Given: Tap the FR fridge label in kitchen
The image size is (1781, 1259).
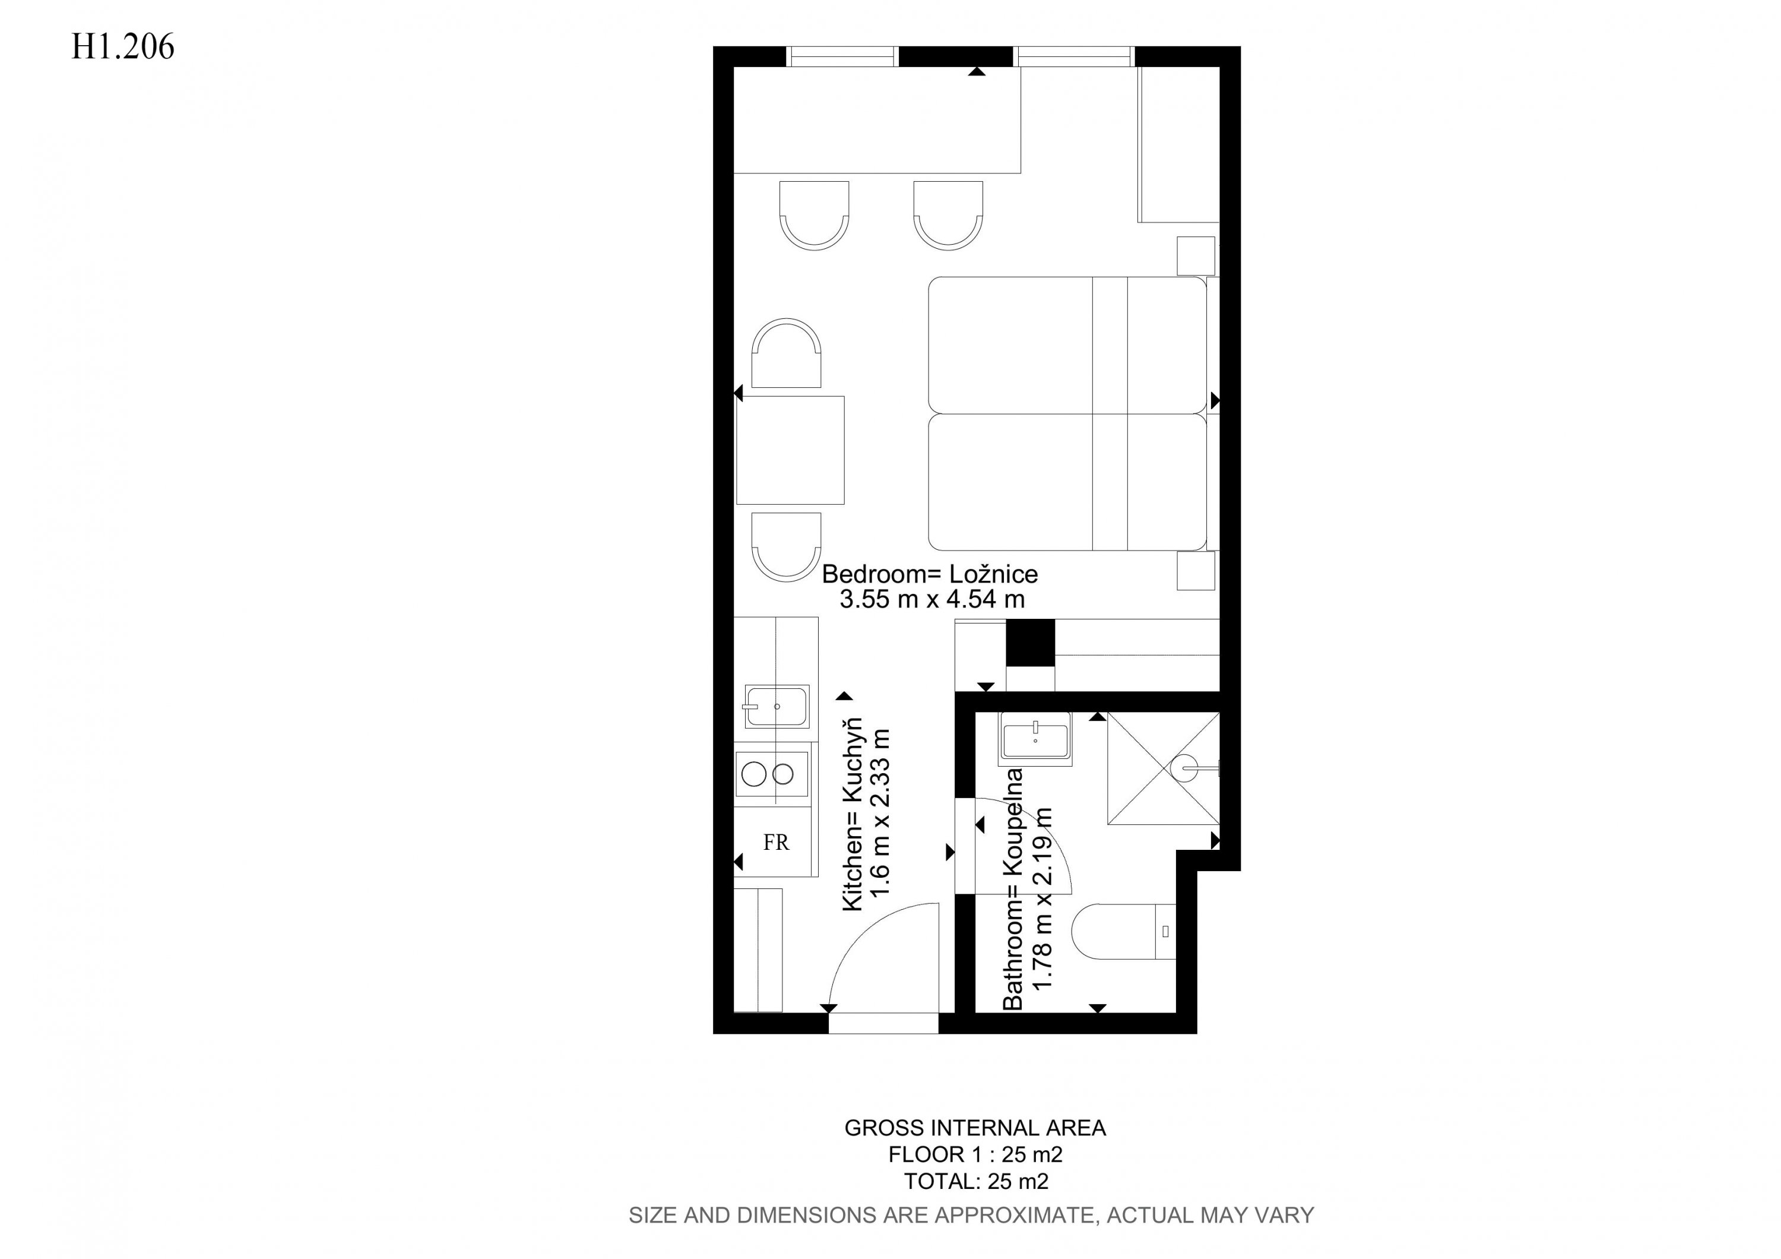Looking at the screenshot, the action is coord(776,843).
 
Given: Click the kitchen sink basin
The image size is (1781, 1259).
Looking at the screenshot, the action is coord(777,706).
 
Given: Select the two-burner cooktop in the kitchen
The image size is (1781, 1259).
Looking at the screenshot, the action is coord(771,774).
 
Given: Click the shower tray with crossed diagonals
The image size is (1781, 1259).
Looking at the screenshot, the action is coord(1164,768).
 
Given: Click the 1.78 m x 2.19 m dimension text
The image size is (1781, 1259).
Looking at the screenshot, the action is coord(1042,909).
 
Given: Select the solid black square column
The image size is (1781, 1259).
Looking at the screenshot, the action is coord(1030,643).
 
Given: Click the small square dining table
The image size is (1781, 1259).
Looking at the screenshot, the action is coord(790,450).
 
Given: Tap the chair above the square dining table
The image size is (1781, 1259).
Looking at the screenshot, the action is coord(786,353).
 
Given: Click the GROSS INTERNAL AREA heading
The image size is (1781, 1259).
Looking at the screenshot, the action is coord(975,1128).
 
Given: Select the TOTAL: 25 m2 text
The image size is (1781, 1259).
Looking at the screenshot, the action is coord(976,1181).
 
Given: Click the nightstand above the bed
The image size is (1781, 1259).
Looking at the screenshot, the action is coord(1196,256).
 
